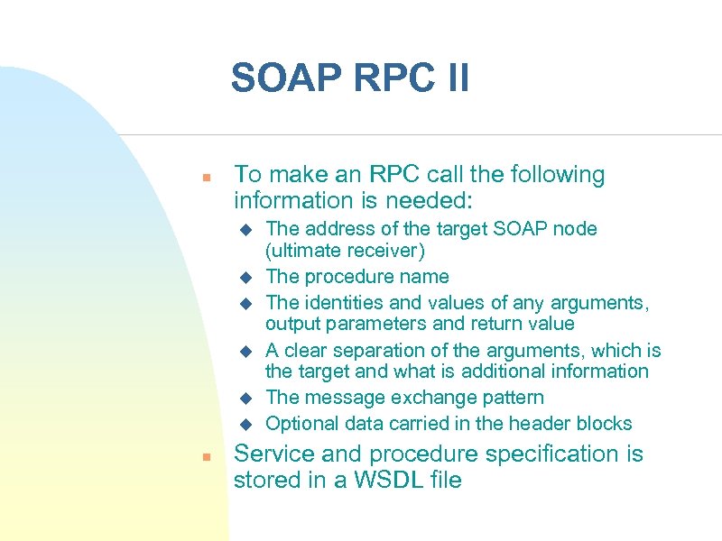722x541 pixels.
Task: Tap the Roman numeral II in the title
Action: [x=452, y=78]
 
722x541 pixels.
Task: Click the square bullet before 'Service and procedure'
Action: [x=207, y=457]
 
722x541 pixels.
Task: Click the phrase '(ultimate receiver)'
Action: [x=345, y=250]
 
